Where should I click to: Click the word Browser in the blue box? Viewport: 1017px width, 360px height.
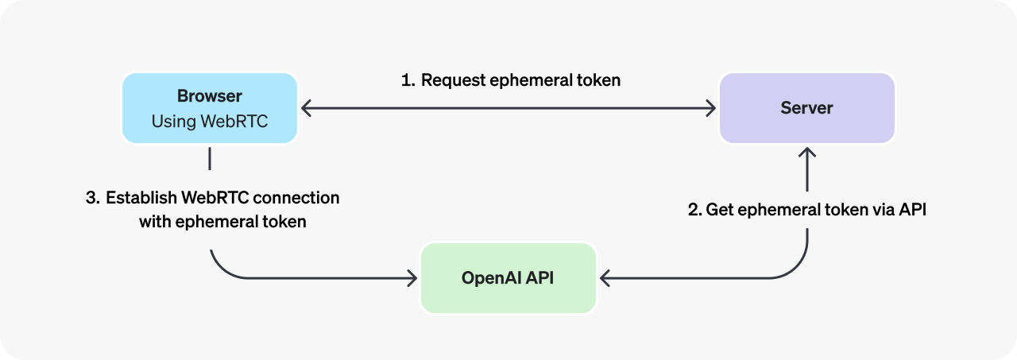(209, 96)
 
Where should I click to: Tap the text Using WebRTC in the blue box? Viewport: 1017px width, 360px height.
(209, 122)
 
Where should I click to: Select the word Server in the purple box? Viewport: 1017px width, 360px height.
(806, 108)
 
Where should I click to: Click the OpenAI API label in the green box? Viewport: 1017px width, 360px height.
(508, 278)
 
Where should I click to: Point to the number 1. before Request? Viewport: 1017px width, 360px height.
(408, 80)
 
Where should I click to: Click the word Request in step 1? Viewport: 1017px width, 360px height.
(453, 80)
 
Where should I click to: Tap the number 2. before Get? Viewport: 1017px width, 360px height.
(694, 211)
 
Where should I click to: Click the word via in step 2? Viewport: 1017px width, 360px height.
(880, 211)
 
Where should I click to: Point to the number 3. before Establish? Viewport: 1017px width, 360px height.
(92, 198)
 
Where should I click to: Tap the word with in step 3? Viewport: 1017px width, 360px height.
(154, 222)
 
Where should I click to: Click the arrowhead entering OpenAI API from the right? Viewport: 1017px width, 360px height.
(605, 278)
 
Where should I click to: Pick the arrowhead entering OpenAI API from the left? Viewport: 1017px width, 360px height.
(411, 278)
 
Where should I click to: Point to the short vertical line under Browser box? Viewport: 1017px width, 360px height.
(210, 158)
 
